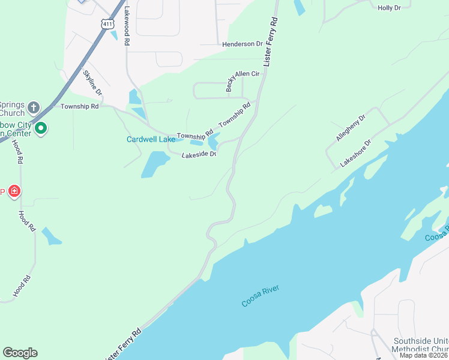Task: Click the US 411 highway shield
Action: [x=107, y=24]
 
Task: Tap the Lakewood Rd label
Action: [x=127, y=27]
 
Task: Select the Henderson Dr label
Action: [x=243, y=44]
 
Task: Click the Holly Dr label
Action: [x=394, y=8]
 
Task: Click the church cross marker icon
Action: [x=34, y=107]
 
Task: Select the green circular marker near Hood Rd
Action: [x=41, y=128]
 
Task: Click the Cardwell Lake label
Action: [x=151, y=140]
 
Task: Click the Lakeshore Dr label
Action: [x=356, y=154]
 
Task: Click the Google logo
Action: [x=20, y=353]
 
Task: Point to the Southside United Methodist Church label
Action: [x=420, y=345]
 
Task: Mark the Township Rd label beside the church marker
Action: [x=79, y=106]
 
